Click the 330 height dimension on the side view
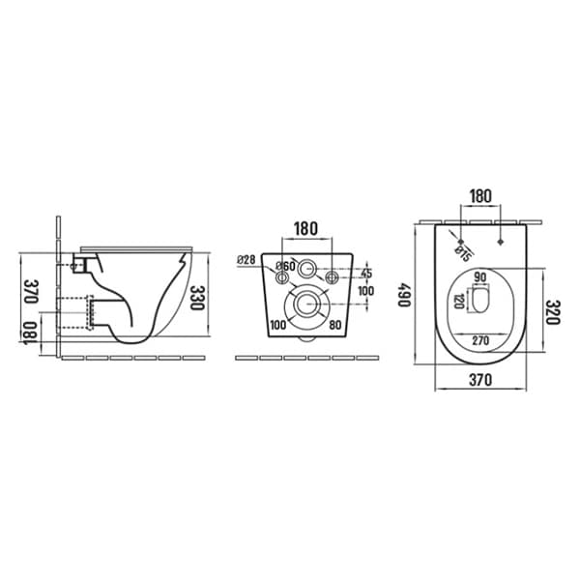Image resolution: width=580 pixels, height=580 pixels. [x=196, y=298]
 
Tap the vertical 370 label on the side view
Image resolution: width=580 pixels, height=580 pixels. [x=31, y=291]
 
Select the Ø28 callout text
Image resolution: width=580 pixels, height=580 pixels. [x=246, y=260]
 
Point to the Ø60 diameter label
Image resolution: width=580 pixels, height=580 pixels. [x=285, y=266]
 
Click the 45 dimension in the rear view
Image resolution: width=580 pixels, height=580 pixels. [x=366, y=274]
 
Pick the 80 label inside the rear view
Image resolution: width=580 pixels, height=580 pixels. [x=335, y=325]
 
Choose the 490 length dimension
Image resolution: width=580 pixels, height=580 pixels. [x=404, y=295]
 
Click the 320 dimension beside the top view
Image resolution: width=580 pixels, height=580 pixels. [x=553, y=312]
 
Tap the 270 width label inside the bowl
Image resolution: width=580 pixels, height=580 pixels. [x=480, y=340]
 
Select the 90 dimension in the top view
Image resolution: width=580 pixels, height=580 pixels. [x=480, y=277]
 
